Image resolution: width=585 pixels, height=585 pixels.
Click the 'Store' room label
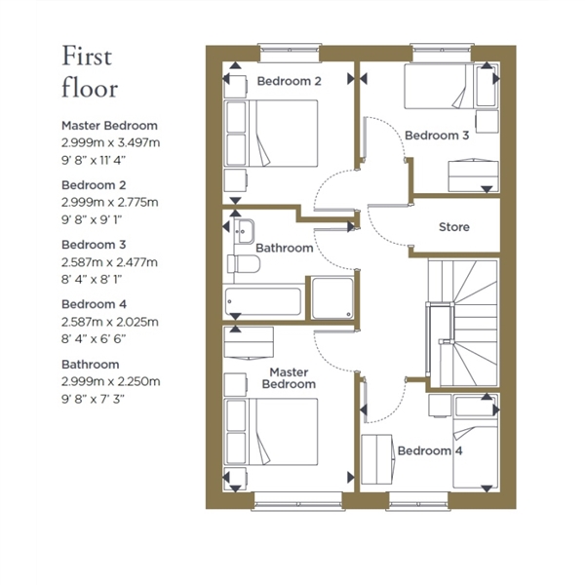pyautogui.click(x=454, y=227)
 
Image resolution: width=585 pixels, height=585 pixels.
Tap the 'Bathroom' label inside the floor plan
pyautogui.click(x=285, y=248)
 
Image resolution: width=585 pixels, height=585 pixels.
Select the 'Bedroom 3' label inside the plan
pyautogui.click(x=437, y=136)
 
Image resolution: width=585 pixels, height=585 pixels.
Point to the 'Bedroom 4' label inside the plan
pyautogui.click(x=430, y=450)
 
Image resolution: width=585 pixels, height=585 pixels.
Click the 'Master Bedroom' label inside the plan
pyautogui.click(x=289, y=378)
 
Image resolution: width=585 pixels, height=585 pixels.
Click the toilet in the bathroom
pyautogui.click(x=243, y=264)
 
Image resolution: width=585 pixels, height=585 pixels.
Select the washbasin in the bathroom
pyautogui.click(x=246, y=231)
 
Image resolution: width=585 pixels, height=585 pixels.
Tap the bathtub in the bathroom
pyautogui.click(x=263, y=301)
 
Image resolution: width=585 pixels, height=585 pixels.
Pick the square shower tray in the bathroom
pyautogui.click(x=332, y=298)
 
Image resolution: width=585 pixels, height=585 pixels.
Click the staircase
pyautogui.click(x=463, y=323)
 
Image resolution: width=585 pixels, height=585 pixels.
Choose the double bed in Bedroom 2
pyautogui.click(x=272, y=134)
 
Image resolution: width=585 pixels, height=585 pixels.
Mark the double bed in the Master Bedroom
pyautogui.click(x=272, y=432)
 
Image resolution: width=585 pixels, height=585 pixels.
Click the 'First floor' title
pyautogui.click(x=90, y=71)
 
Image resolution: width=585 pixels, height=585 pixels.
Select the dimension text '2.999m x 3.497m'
pyautogui.click(x=111, y=142)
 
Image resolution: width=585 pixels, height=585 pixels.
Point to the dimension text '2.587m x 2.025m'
pyautogui.click(x=110, y=322)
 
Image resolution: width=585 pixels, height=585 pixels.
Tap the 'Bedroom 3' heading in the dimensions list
pyautogui.click(x=94, y=245)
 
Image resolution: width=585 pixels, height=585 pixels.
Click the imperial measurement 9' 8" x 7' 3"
pyautogui.click(x=93, y=399)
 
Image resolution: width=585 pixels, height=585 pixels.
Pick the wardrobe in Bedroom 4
pyautogui.click(x=376, y=459)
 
